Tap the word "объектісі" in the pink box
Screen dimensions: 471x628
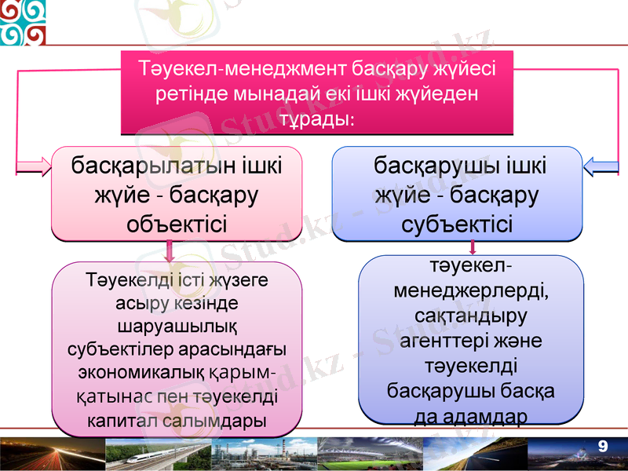(177, 225)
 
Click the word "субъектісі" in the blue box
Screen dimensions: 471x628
(458, 225)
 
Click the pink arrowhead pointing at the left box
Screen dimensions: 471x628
(33, 166)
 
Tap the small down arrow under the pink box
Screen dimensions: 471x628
(170, 252)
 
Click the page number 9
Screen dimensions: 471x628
(603, 447)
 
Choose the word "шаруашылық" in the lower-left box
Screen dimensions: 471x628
(177, 324)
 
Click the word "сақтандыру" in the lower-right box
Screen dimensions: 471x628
(471, 317)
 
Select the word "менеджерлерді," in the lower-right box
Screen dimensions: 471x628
(471, 291)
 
